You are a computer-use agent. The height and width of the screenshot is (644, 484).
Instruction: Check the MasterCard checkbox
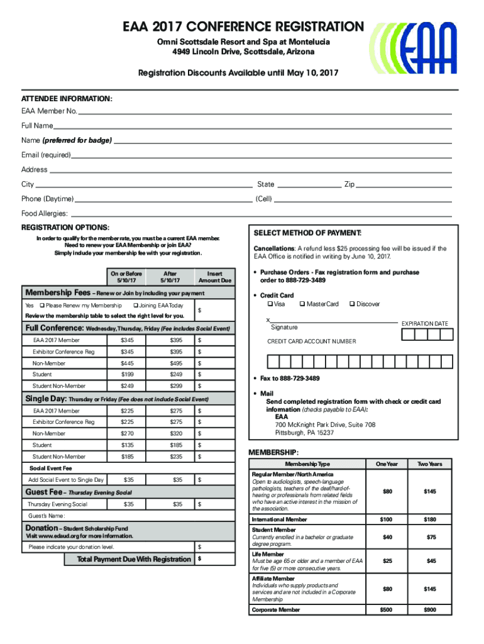coord(302,304)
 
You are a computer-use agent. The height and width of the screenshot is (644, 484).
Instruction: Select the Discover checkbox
coord(351,304)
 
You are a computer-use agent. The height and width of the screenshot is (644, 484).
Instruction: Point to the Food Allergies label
coord(45,213)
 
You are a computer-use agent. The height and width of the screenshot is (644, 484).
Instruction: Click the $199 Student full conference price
coord(128,374)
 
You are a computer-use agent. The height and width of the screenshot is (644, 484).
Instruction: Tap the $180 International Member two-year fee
coord(431,519)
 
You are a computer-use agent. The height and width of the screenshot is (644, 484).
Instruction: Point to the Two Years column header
coord(431,464)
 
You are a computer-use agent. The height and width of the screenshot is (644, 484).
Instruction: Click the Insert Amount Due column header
coord(215,277)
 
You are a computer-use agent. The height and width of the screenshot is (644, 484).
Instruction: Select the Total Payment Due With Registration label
coord(134,559)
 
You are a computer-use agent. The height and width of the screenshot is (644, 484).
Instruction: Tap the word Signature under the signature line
coord(284,327)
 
